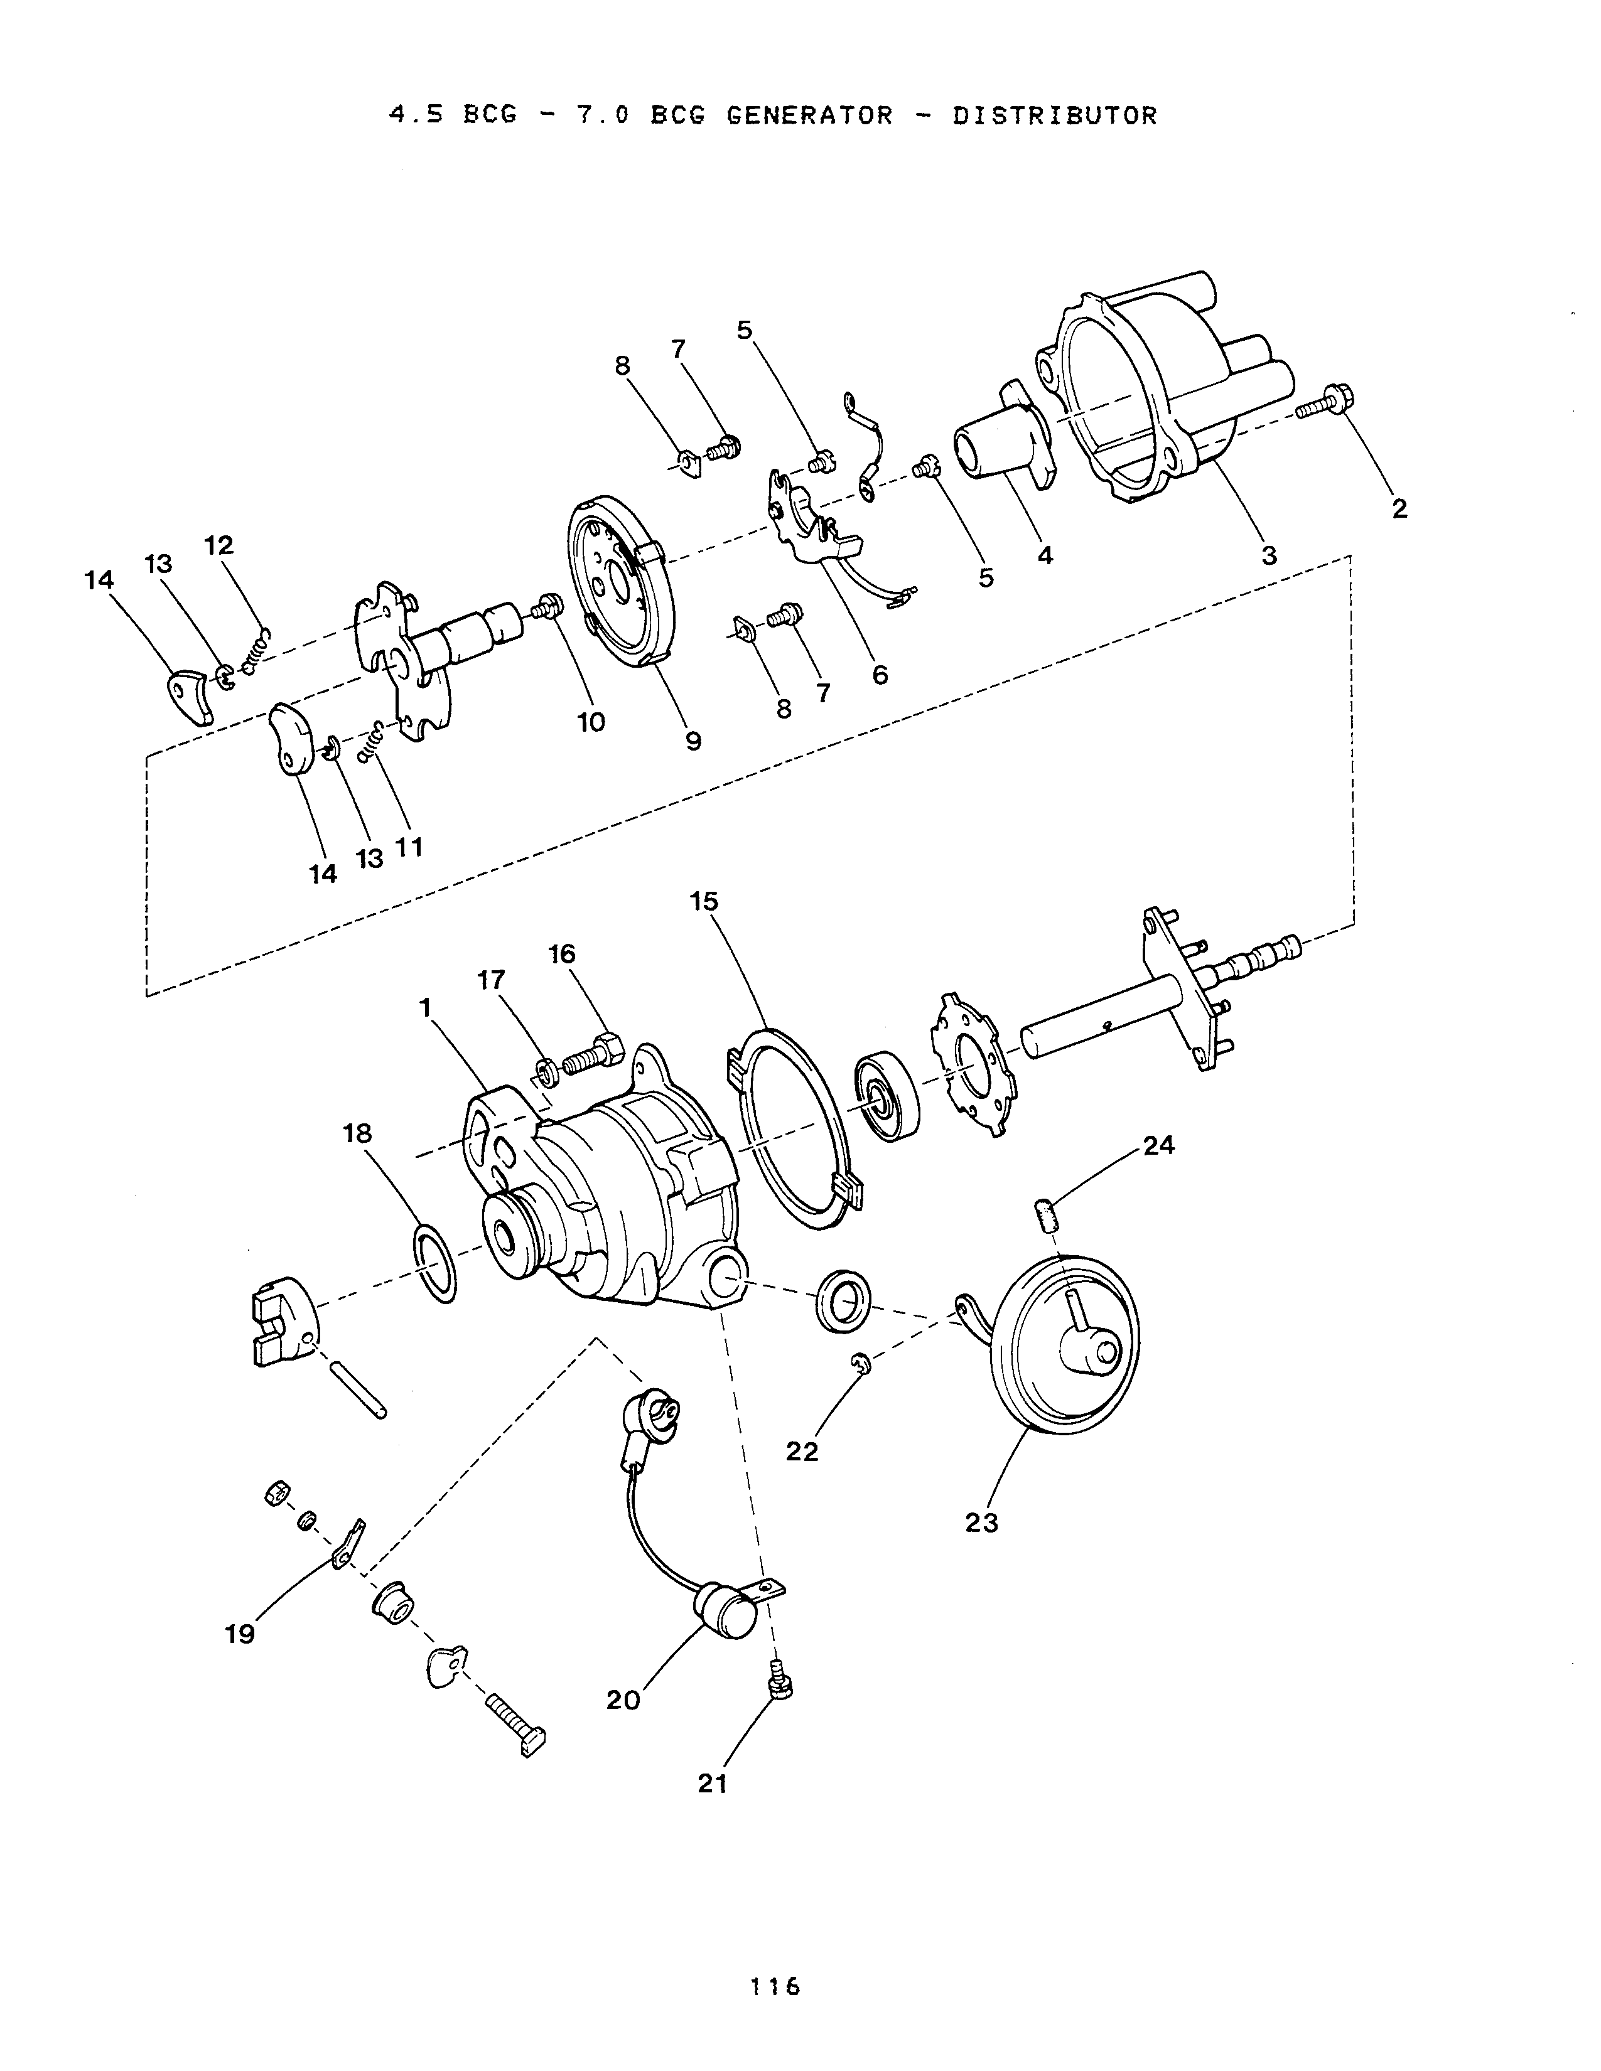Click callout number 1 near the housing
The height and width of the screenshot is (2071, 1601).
(426, 1007)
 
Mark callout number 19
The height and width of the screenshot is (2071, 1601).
(240, 1634)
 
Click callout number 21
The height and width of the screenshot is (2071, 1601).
(713, 1783)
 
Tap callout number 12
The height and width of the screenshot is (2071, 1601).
(219, 545)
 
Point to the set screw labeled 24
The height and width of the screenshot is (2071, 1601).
(1044, 1215)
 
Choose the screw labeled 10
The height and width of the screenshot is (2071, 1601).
(547, 606)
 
